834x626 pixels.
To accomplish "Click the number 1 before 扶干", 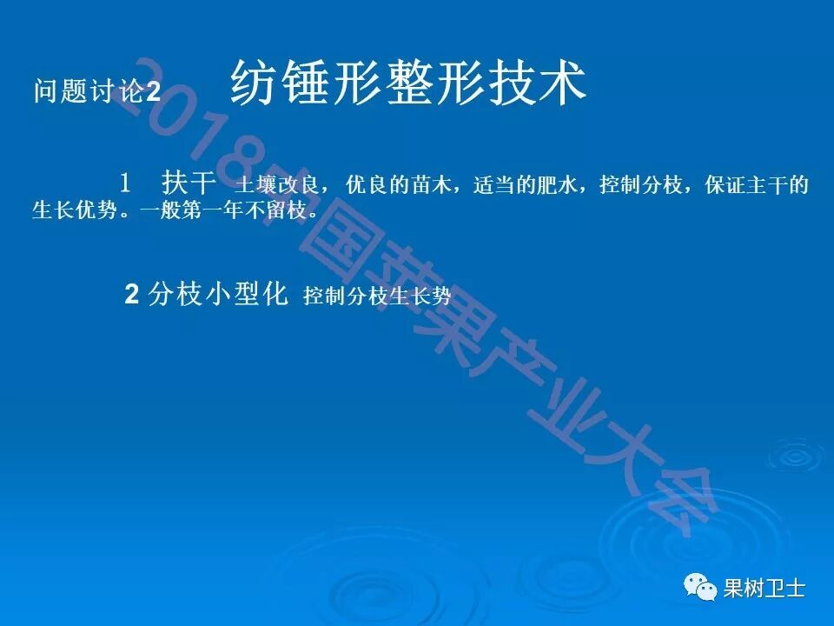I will pos(126,183).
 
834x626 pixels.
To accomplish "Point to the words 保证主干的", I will pos(757,185).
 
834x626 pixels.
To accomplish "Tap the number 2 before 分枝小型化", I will pos(132,295).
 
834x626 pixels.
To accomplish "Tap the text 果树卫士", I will pos(764,589).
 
